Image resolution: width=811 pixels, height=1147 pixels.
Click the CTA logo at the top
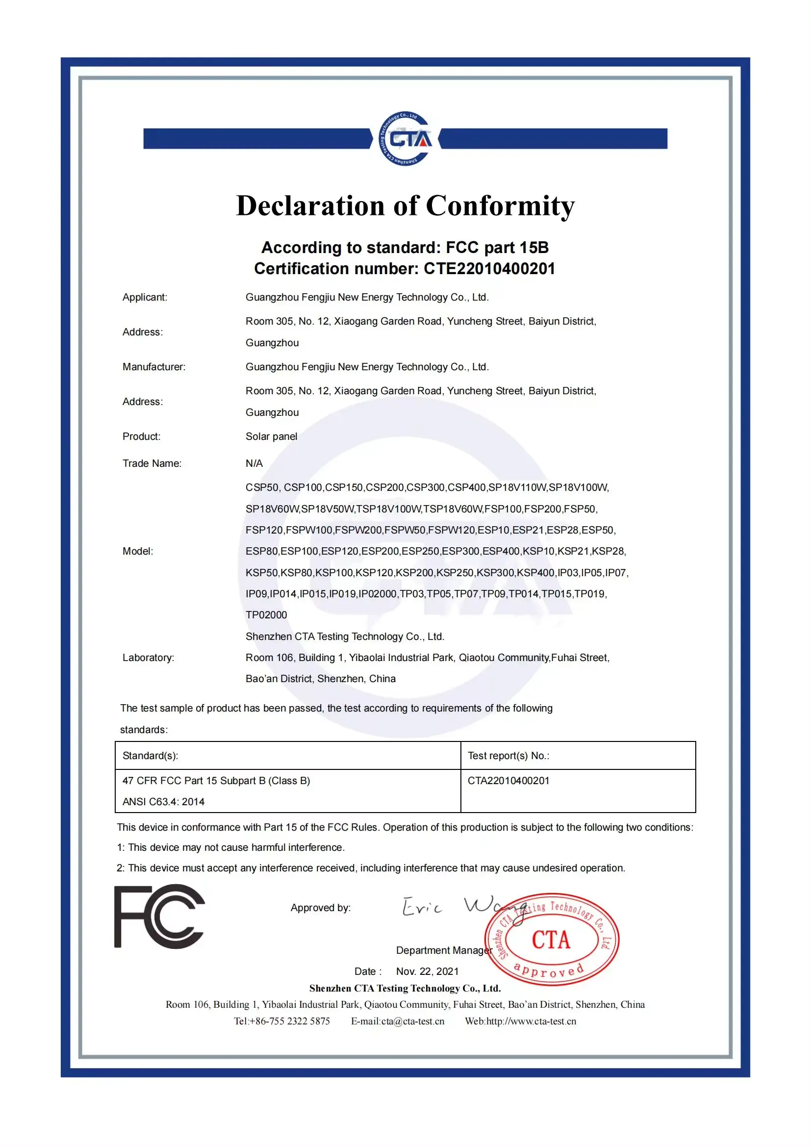tap(405, 138)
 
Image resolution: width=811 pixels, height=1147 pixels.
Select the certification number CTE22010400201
tap(489, 269)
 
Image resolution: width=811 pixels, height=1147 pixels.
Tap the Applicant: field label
tap(145, 297)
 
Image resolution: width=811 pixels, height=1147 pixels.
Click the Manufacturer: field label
tap(154, 367)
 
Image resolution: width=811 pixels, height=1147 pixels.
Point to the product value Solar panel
tap(271, 436)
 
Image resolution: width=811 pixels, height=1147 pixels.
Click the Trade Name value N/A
tap(253, 463)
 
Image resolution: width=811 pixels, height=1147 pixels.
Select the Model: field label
tap(138, 551)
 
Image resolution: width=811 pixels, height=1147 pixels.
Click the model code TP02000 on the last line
tap(266, 615)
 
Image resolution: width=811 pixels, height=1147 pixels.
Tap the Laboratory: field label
tap(148, 658)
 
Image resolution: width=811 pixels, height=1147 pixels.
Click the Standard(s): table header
tap(151, 755)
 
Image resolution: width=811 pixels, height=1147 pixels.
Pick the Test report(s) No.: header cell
tap(508, 755)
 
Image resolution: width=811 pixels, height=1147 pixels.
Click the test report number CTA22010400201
tap(508, 780)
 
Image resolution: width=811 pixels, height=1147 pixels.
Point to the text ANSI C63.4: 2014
tap(163, 801)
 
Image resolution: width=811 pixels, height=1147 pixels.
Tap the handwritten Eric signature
tap(422, 907)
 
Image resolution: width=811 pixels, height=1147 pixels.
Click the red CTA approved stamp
tap(551, 939)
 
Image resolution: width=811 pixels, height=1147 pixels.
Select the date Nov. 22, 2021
tap(427, 971)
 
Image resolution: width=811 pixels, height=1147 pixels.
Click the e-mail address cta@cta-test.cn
tap(412, 1021)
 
